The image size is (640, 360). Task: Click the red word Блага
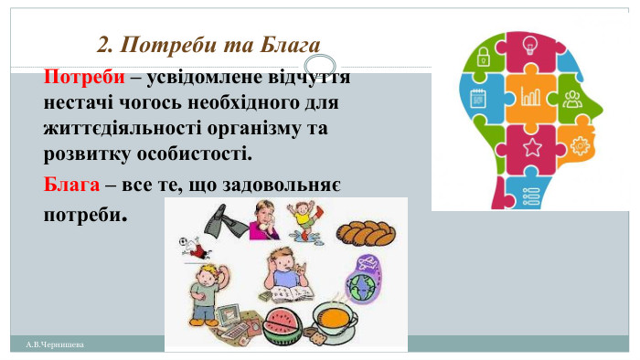71,185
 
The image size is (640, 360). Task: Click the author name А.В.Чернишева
54,344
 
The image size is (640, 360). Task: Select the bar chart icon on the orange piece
529,94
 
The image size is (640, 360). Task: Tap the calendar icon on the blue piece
477,98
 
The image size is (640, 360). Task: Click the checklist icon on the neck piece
529,193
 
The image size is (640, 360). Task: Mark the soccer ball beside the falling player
184,244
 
